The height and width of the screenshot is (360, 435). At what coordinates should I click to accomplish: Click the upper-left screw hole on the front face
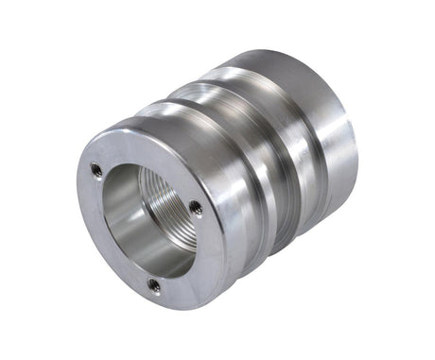[x=96, y=169]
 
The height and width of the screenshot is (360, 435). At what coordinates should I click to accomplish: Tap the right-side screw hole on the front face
[x=195, y=207]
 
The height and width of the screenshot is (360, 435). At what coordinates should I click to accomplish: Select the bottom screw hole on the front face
[x=154, y=283]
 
